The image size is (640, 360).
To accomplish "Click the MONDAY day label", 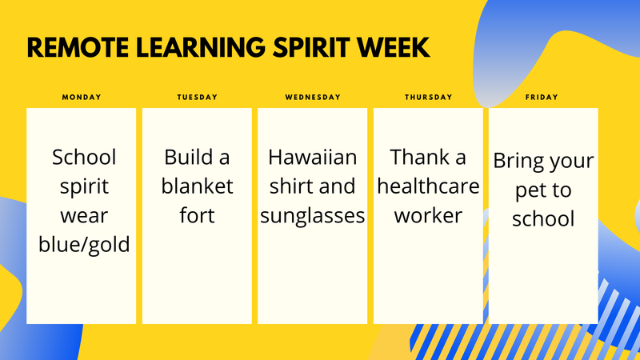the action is pos(82,97).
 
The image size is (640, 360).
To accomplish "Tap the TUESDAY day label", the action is pos(197,97).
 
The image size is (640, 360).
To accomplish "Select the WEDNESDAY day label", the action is pos(313,97).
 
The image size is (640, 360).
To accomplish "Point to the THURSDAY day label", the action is pos(428,97).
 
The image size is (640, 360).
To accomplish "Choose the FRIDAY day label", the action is pos(542,97).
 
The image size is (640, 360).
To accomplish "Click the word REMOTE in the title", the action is pos(78,47).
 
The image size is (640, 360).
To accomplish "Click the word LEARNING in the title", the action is pos(201,47).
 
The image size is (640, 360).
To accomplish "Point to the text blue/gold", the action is pos(84,245).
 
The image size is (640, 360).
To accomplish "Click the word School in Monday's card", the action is pos(84,157).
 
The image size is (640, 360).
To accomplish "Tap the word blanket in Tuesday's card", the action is pos(197,186).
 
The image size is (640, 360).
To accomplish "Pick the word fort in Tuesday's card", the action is pos(197,215).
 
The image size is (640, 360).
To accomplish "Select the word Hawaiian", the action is pos(313,157).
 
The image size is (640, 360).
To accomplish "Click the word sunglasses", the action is pos(313,216).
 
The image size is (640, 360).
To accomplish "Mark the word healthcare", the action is pos(428,186).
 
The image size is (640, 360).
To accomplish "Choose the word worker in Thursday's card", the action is pos(428,215).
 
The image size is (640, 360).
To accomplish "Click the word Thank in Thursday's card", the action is pos(416,157).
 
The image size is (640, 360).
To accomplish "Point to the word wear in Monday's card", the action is pos(84,216).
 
